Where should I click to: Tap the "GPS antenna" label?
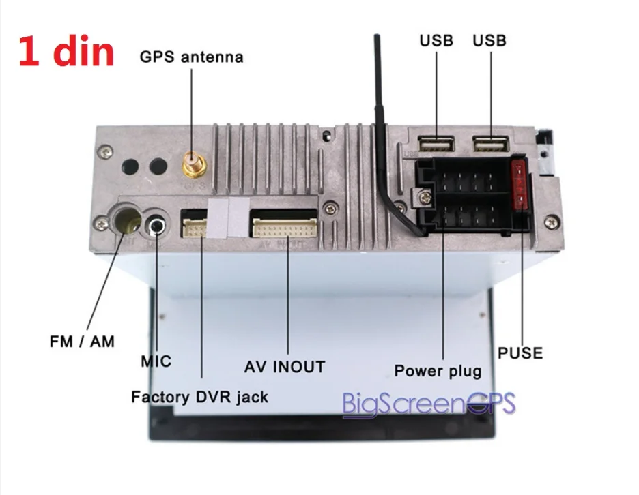(191, 57)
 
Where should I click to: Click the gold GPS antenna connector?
(192, 165)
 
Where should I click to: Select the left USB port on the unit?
(436, 144)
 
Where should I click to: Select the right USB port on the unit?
(491, 144)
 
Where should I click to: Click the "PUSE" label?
(520, 353)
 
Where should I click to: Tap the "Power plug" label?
(438, 371)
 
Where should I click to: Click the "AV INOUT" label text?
(285, 367)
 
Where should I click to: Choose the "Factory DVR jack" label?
(199, 396)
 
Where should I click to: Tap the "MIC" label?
(156, 361)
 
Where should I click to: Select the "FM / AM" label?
(82, 341)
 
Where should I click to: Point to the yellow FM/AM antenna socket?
(128, 220)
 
